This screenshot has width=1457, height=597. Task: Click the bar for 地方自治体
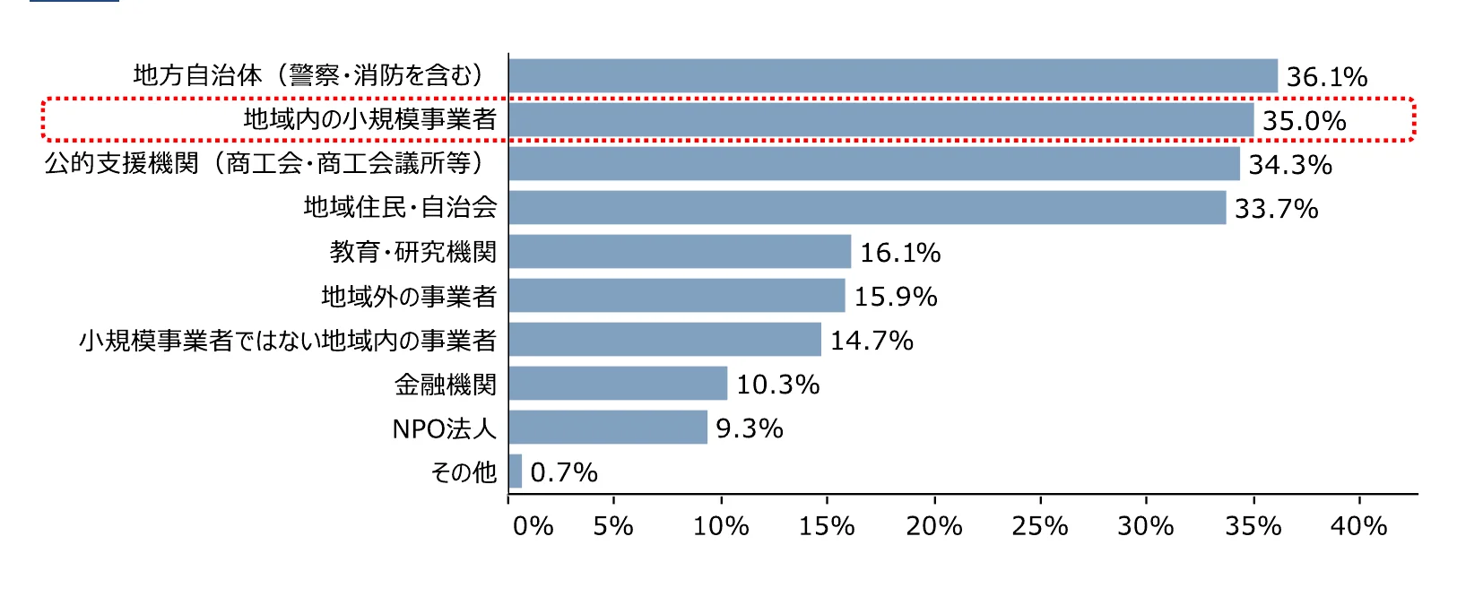pyautogui.click(x=893, y=76)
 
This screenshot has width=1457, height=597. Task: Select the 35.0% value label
pyautogui.click(x=1304, y=121)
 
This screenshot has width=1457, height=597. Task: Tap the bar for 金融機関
pyautogui.click(x=618, y=384)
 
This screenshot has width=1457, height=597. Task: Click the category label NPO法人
pyautogui.click(x=444, y=428)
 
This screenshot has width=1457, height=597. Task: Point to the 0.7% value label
pyautogui.click(x=563, y=472)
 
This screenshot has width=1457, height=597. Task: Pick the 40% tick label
pyautogui.click(x=1358, y=525)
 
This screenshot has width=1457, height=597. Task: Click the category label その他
pyautogui.click(x=463, y=472)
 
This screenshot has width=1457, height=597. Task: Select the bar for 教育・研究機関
pyautogui.click(x=680, y=252)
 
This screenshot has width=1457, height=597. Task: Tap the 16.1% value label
pyautogui.click(x=900, y=253)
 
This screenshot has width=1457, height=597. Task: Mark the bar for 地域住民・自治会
pyautogui.click(x=867, y=208)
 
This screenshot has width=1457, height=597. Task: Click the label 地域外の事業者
pyautogui.click(x=409, y=296)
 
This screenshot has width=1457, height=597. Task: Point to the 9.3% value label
pyautogui.click(x=750, y=428)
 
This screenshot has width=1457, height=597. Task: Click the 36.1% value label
pyautogui.click(x=1327, y=77)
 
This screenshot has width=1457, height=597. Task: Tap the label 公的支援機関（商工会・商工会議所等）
pyautogui.click(x=265, y=163)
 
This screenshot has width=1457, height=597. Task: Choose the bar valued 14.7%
pyautogui.click(x=664, y=340)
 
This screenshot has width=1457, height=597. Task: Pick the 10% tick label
pyautogui.click(x=721, y=525)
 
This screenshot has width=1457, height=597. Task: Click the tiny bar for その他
pyautogui.click(x=516, y=472)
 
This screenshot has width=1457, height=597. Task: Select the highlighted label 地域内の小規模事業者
pyautogui.click(x=369, y=119)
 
